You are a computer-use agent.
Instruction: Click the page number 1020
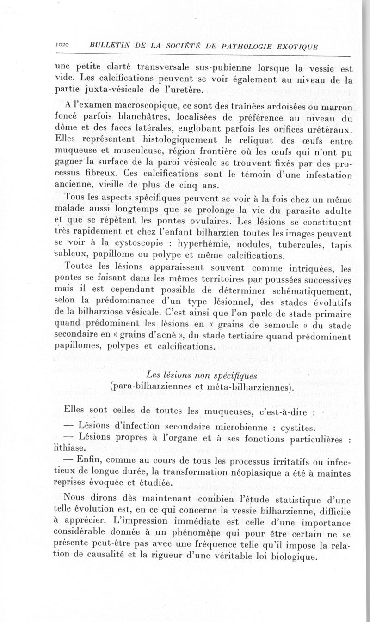[x=62, y=45]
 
